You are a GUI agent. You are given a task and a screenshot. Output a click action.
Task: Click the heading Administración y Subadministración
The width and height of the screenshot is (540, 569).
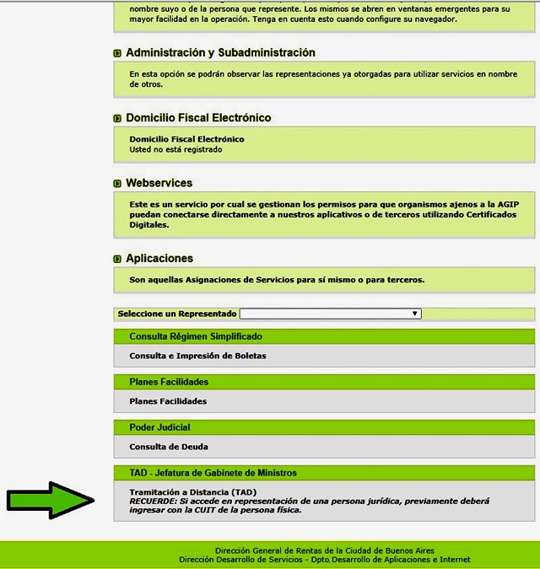(220, 53)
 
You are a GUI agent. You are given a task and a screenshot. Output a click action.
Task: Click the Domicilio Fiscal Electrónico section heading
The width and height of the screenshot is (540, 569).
(198, 118)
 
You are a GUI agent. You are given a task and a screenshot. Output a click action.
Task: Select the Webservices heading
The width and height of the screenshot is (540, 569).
(159, 183)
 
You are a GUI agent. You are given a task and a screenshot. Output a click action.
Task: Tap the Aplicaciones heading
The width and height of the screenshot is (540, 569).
(159, 259)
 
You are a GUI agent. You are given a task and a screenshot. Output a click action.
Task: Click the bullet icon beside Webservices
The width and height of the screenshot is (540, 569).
(117, 184)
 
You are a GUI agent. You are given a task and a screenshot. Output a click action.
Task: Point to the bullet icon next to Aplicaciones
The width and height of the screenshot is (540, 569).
(117, 259)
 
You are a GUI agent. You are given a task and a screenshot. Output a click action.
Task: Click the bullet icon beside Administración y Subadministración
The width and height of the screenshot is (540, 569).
(117, 54)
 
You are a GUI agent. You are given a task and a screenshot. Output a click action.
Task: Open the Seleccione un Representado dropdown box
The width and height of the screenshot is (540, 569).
(330, 314)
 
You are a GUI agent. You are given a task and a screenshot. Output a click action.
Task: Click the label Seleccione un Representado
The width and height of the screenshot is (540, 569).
(177, 314)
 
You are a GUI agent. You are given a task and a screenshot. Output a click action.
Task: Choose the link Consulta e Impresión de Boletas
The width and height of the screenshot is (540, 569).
(197, 356)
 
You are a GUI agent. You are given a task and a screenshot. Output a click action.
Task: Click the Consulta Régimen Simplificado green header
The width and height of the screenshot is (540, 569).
(195, 336)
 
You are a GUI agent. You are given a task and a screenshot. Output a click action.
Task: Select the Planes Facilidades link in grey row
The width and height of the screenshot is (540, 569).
(168, 401)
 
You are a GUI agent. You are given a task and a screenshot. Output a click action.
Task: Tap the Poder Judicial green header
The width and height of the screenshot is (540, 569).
(159, 427)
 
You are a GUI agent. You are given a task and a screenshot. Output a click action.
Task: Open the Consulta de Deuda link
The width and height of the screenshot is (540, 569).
(169, 447)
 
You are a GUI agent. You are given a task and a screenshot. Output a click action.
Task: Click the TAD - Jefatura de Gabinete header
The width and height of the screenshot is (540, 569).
(213, 473)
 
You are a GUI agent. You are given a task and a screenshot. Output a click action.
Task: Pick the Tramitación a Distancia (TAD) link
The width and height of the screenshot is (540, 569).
(192, 491)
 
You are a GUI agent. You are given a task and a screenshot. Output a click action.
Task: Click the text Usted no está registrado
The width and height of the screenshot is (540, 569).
(175, 149)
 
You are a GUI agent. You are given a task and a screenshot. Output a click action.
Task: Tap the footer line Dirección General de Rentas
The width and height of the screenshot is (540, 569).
(325, 550)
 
